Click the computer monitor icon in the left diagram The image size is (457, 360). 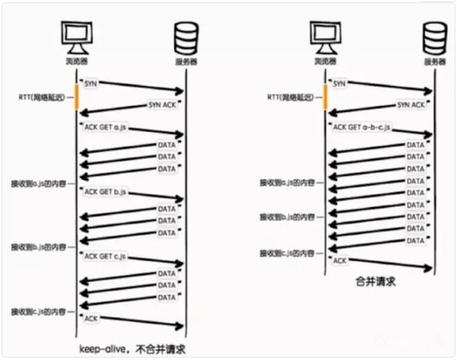click(x=74, y=36)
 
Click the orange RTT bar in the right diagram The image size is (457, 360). click(x=325, y=96)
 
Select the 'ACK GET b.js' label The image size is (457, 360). click(x=105, y=192)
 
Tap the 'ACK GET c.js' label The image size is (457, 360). click(x=105, y=257)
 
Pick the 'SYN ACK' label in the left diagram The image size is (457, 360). click(x=162, y=105)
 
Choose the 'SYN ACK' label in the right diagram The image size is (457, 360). click(x=411, y=105)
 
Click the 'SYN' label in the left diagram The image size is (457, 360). click(x=91, y=83)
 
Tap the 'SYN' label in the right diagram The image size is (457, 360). click(x=340, y=83)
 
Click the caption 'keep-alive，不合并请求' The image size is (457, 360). click(x=132, y=349)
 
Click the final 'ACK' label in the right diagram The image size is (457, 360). click(x=340, y=260)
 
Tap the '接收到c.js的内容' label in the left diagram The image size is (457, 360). click(x=38, y=312)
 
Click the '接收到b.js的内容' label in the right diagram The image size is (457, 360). click(x=287, y=218)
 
